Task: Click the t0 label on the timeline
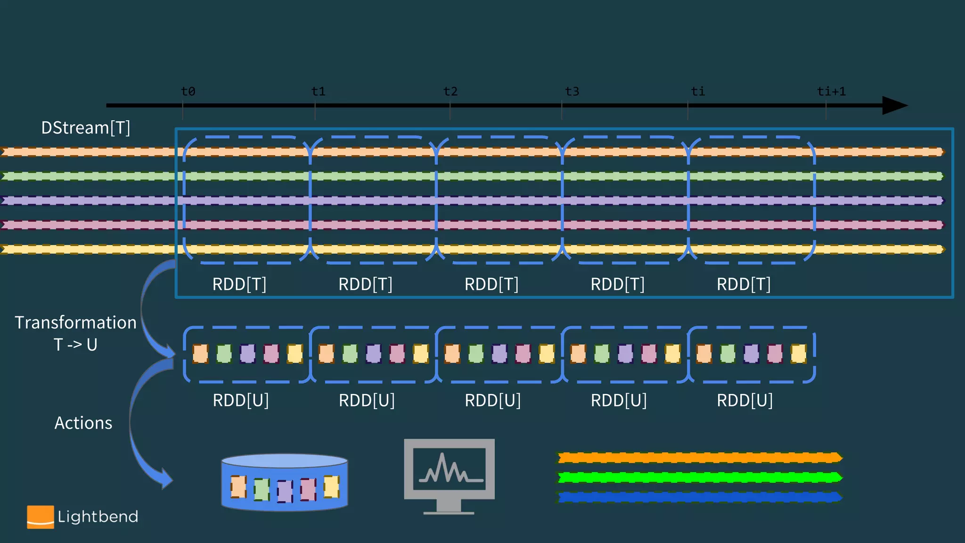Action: point(188,91)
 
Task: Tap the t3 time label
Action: point(572,91)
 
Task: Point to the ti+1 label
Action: point(831,91)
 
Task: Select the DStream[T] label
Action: point(85,128)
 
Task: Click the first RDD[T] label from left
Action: point(239,284)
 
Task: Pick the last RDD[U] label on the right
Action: point(744,400)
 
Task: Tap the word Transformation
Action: point(75,323)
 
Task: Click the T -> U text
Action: point(75,345)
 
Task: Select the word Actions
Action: point(83,423)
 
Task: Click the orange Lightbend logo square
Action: point(40,517)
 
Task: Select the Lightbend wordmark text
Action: point(98,517)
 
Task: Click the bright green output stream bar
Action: point(699,477)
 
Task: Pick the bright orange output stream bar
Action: point(699,457)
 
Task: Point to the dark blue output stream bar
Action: point(699,497)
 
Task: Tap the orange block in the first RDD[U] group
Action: point(200,354)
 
